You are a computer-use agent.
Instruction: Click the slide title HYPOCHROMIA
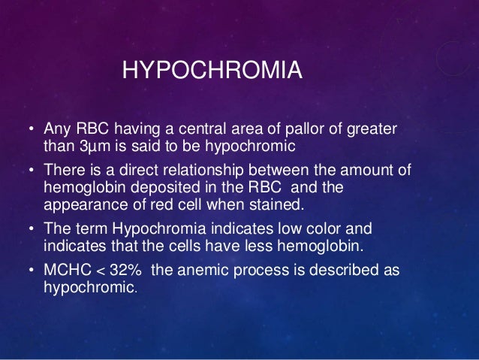[x=212, y=72]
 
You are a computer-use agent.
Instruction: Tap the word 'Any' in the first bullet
[x=57, y=130]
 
